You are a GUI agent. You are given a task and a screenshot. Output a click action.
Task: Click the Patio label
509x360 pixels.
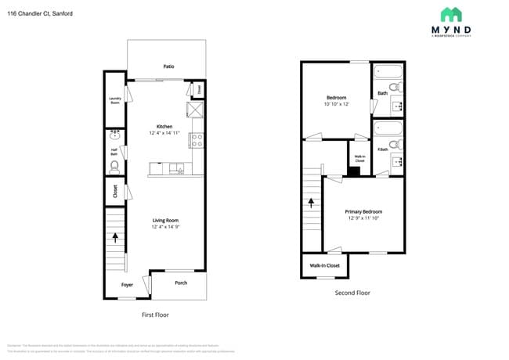(168, 67)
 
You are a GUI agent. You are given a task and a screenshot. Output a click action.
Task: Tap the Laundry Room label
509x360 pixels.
(114, 101)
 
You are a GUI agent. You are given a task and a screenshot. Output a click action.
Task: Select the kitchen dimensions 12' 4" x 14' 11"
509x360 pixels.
(164, 133)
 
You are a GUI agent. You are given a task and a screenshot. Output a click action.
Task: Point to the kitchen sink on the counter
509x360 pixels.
(177, 167)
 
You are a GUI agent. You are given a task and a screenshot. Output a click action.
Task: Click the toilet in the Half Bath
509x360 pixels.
(114, 166)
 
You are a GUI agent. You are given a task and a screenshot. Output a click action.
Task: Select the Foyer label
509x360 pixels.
(126, 285)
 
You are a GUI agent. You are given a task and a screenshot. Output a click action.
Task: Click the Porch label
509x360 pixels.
(180, 283)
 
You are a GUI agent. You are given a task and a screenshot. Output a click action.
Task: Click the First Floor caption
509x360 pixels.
(154, 315)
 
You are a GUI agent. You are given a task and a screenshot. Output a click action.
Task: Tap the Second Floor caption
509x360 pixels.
(352, 293)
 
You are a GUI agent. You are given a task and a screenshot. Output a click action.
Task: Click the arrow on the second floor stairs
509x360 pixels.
(312, 202)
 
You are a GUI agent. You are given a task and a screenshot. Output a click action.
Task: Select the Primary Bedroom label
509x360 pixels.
(365, 211)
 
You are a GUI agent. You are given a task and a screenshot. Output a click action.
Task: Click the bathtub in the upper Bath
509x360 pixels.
(388, 72)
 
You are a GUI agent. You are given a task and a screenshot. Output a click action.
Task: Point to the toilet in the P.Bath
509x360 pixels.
(395, 145)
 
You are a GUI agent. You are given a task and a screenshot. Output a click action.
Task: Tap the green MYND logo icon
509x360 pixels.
(450, 14)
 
